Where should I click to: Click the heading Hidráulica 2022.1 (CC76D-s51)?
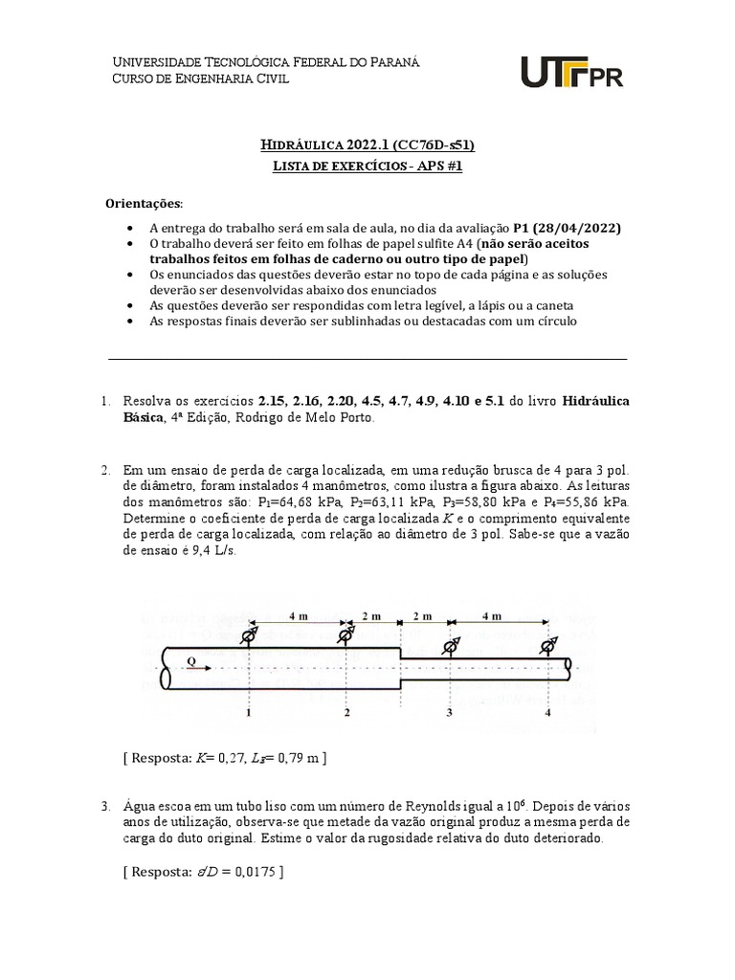coord(367,145)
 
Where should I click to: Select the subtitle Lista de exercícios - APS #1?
coord(367,166)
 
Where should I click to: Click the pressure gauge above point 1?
coord(249,635)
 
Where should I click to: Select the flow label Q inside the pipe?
coord(190,660)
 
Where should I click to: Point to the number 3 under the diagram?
coord(448,713)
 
